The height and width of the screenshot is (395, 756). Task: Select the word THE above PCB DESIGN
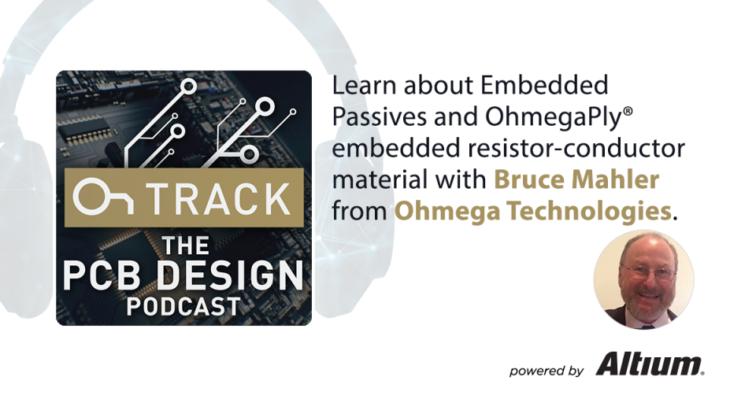coord(183,245)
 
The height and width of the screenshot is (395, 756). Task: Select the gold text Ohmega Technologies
coord(532,211)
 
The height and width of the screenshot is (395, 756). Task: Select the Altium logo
coord(649,364)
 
